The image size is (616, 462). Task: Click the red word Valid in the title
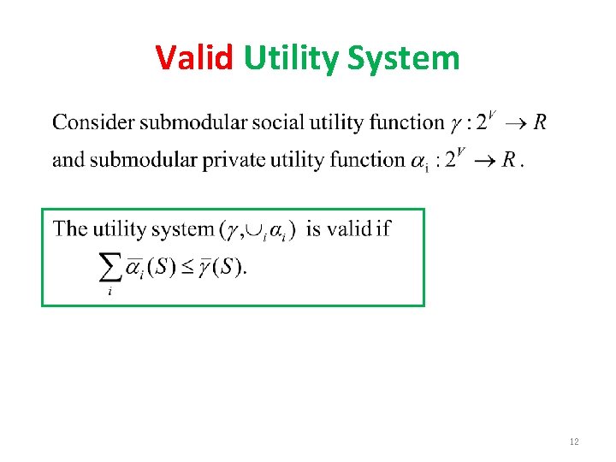(x=194, y=58)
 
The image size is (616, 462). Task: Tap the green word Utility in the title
(x=292, y=58)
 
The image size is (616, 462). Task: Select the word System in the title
(x=404, y=58)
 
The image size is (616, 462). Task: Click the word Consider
(x=93, y=122)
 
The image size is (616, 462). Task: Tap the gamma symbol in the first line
(x=454, y=124)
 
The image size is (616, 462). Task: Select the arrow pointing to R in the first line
(x=515, y=123)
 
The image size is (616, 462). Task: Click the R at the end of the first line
(x=540, y=122)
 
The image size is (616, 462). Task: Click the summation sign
(x=110, y=268)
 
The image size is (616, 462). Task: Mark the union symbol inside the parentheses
(x=254, y=230)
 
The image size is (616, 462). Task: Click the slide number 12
(x=573, y=441)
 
